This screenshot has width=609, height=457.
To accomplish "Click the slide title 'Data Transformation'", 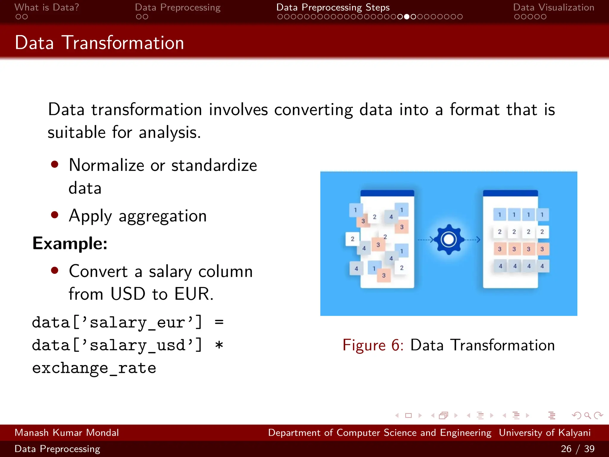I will point(99,43).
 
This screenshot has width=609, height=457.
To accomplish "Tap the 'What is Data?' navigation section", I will point(47,7).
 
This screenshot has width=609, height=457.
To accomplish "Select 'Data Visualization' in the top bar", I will point(553,7).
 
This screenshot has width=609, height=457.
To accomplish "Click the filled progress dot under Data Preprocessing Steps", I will point(407,17).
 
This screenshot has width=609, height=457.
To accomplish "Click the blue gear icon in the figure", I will point(449,239).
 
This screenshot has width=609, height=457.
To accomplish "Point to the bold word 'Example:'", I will point(70,243).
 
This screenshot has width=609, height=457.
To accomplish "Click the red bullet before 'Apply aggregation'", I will point(54,215).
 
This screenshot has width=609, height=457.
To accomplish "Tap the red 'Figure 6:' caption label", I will point(373,345).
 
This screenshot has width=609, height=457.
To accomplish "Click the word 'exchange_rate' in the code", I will point(94,368).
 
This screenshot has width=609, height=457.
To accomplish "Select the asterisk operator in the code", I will point(219,345).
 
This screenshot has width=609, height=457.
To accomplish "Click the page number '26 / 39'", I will point(577,449).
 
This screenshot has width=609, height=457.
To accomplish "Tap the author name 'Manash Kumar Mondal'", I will point(67,433).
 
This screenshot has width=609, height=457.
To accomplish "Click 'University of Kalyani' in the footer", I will point(544,433).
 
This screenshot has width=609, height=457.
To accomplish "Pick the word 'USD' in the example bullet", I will point(128,294).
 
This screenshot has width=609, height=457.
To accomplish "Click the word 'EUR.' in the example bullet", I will point(194,294).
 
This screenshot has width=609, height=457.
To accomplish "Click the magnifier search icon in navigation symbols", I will point(587,415).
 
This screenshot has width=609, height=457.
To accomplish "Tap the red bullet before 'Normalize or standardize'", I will point(54,164).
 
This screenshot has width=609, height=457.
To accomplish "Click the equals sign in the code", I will point(219,322).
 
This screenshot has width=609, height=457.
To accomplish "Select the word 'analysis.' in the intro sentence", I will point(170,132).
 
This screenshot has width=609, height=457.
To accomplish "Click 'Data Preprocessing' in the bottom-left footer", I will point(57,449).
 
